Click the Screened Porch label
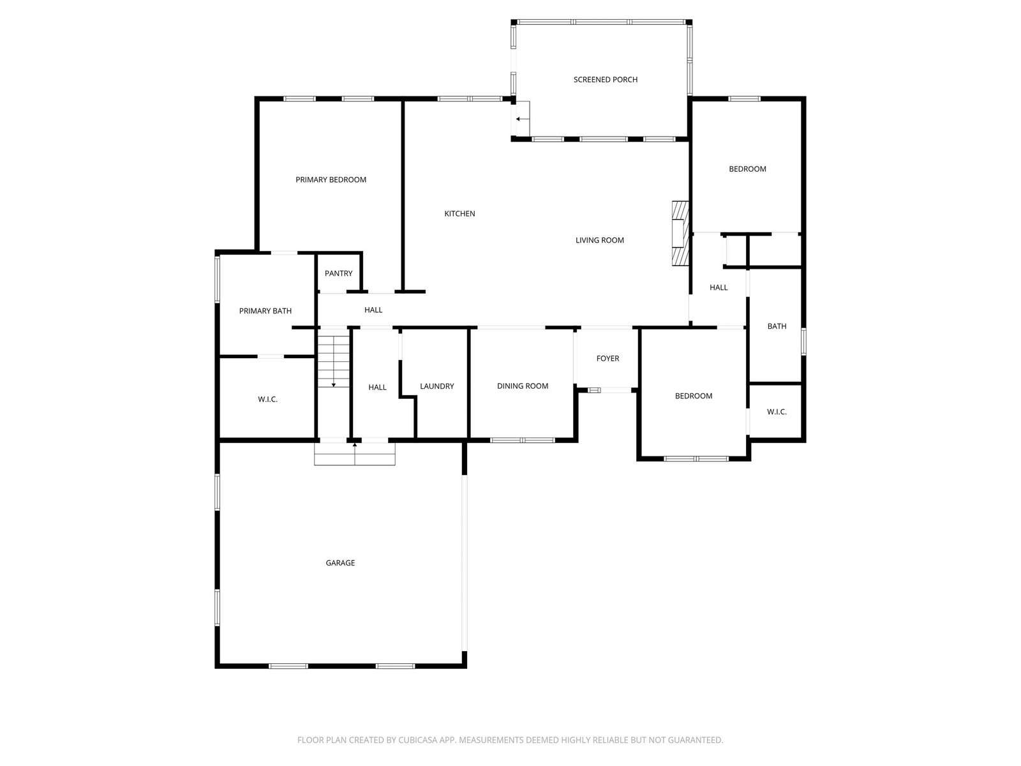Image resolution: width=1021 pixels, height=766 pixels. [x=605, y=80]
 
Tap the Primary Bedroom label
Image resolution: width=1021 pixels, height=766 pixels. [x=331, y=179]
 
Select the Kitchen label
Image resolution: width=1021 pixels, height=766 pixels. [x=459, y=213]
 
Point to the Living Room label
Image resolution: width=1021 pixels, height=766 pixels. [x=599, y=240]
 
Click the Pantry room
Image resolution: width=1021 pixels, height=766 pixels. [x=338, y=273]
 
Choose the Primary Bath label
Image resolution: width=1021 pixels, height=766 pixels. [x=265, y=311]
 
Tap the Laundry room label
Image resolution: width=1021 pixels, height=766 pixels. [x=436, y=386]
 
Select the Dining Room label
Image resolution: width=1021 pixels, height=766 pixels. [x=523, y=386]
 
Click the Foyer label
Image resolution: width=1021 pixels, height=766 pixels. [x=607, y=358]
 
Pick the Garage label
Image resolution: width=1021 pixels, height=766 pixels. [x=340, y=563]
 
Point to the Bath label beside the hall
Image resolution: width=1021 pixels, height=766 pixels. [x=777, y=326]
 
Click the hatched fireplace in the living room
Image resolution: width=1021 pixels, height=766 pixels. [x=680, y=234]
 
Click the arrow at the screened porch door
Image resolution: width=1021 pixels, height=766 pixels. [x=523, y=119]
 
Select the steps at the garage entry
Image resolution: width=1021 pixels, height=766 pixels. [x=354, y=454]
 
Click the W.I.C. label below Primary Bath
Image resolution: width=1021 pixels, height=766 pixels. [x=267, y=399]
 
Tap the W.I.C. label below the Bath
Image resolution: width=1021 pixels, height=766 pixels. [x=777, y=412]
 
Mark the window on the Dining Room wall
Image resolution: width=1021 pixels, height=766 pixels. [x=523, y=440]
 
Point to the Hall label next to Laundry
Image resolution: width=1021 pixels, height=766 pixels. [x=376, y=387]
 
